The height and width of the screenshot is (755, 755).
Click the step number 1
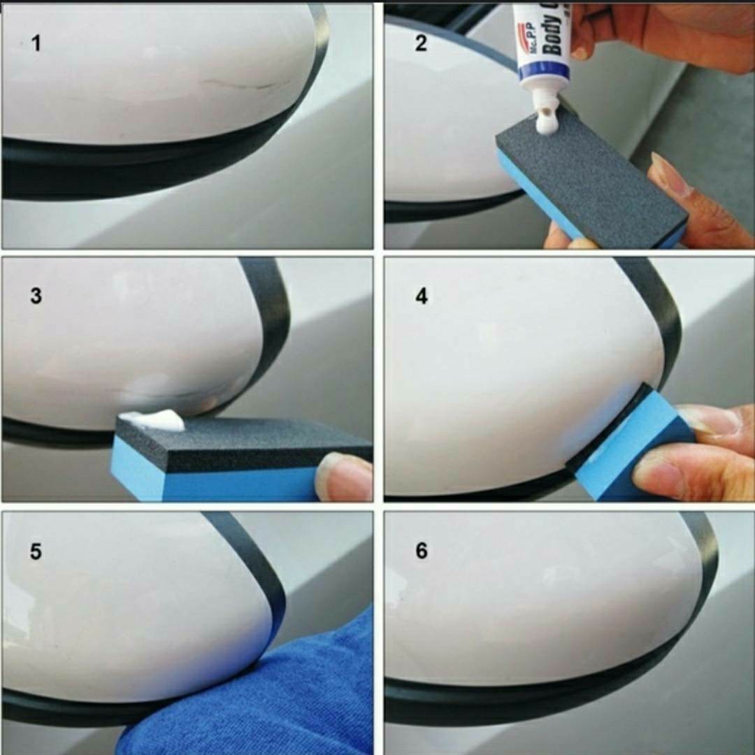tap(36, 43)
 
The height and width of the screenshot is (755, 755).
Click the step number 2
tap(420, 43)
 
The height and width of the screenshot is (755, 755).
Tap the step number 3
tap(36, 296)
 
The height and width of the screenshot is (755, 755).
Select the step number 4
tap(421, 296)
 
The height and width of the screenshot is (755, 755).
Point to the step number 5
tap(36, 551)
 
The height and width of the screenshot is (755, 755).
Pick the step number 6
tap(421, 551)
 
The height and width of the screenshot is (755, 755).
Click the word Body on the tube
tap(553, 31)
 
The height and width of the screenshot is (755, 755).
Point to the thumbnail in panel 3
tap(340, 475)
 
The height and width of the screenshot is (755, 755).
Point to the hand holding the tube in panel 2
tap(657, 35)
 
